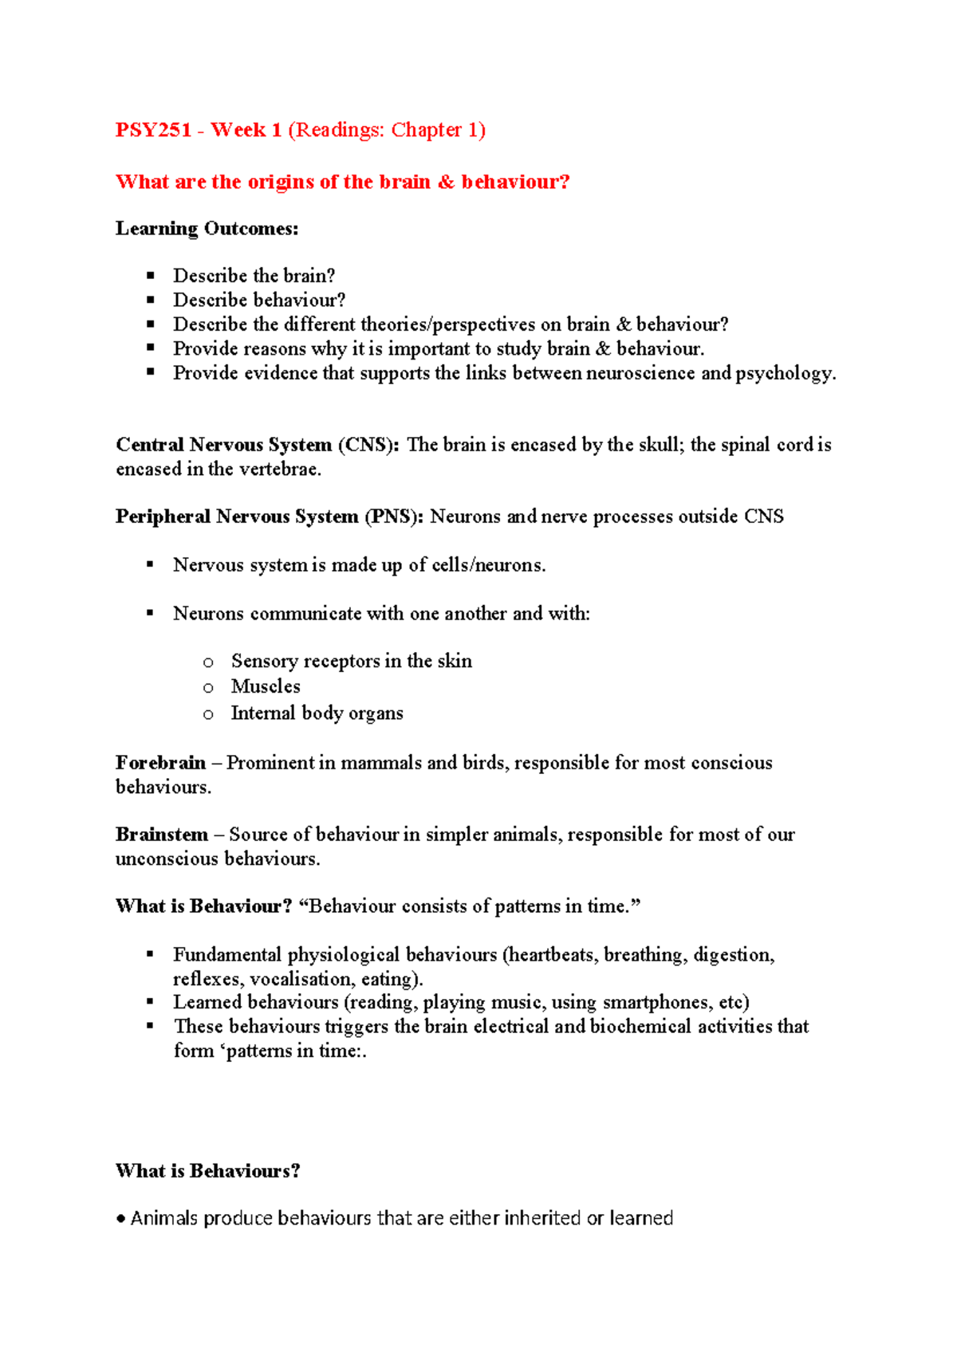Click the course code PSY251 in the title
[x=153, y=130]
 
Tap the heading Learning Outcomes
[x=207, y=229]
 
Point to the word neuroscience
[x=640, y=373]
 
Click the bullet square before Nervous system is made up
[x=150, y=564]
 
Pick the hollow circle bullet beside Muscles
[x=208, y=688]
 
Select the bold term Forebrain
[x=160, y=763]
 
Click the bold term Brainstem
[x=162, y=835]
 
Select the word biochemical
[x=640, y=1026]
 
